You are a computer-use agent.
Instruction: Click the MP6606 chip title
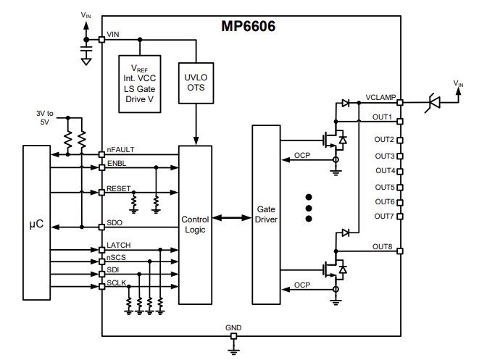[248, 27]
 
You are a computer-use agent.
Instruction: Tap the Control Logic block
[195, 224]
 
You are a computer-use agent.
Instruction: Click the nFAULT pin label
[120, 150]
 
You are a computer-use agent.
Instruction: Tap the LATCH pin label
[118, 246]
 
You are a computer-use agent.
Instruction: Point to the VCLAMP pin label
[380, 96]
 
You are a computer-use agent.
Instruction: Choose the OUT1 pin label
[383, 116]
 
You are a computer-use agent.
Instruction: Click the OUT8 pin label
[383, 246]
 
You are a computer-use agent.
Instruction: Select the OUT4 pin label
[385, 171]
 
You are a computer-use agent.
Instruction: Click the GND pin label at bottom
[233, 327]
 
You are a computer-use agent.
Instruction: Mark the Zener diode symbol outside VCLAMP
[433, 103]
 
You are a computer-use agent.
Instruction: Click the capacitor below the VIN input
[86, 51]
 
